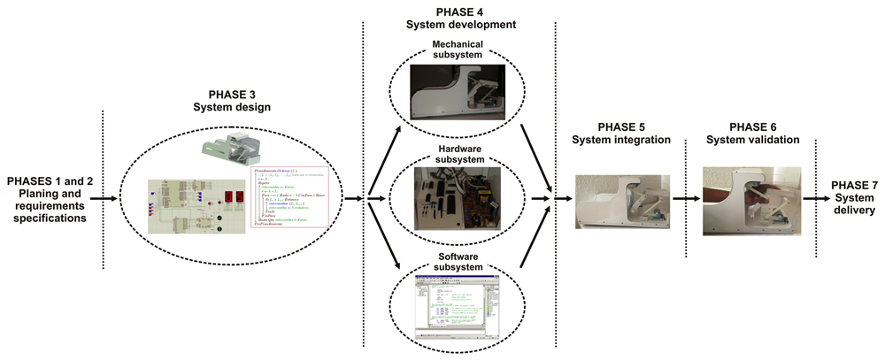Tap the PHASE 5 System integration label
click(619, 132)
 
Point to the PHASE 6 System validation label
click(751, 132)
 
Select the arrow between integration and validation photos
click(685, 199)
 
